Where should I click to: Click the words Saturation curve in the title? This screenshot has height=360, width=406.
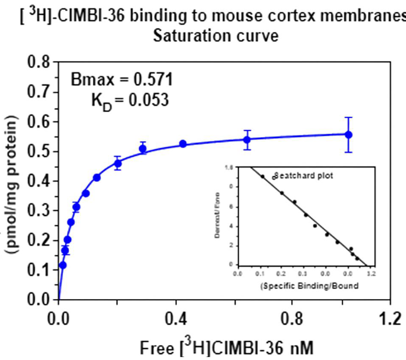[216, 36]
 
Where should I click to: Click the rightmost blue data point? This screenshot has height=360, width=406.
[349, 134]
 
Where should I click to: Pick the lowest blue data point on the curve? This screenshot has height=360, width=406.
[63, 265]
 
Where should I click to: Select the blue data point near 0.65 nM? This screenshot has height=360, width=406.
[247, 139]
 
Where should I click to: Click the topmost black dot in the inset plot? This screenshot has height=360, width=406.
[262, 176]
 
